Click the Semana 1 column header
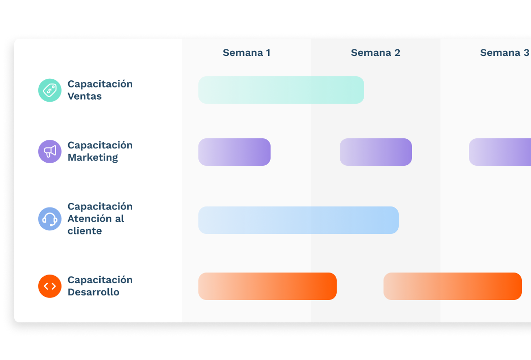(246, 53)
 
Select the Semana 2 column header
(375, 53)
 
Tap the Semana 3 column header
(504, 53)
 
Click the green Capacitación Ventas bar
(281, 90)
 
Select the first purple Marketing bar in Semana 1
(234, 152)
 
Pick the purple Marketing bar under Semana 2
(376, 152)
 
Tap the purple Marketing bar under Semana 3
(500, 152)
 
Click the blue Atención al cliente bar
(298, 220)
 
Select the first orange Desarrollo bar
(268, 286)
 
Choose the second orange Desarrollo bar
(453, 286)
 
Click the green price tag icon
(50, 90)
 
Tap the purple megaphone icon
(50, 152)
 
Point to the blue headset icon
(50, 219)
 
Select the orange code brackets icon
(50, 286)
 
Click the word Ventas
(84, 97)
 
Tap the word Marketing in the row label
(93, 158)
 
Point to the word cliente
(84, 231)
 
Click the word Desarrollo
(94, 292)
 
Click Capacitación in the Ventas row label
(100, 84)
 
